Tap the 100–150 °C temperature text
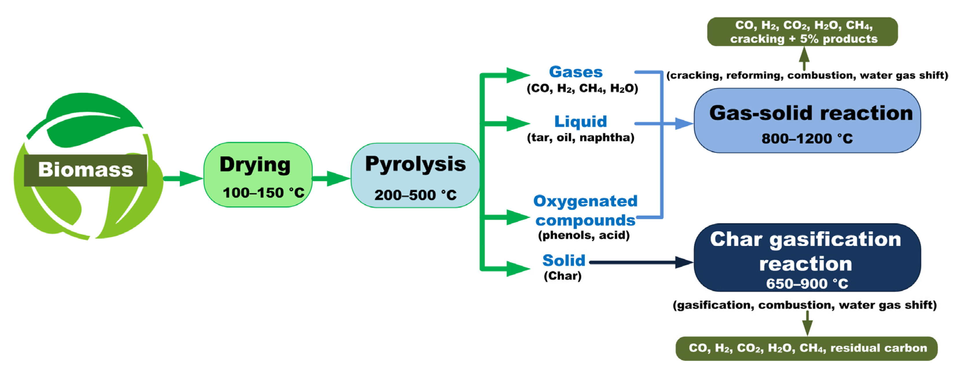[263, 193]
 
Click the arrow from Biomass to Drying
[183, 178]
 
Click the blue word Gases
[576, 72]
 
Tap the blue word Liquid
[580, 121]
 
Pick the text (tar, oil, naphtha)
[580, 138]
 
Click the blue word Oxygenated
[585, 201]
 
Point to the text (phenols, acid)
[584, 235]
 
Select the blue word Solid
[563, 260]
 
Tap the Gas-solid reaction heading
[811, 113]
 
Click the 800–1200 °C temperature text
[807, 139]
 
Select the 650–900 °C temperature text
[807, 284]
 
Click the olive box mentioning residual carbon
[807, 348]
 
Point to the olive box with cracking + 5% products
[802, 32]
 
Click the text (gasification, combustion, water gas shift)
[804, 305]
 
